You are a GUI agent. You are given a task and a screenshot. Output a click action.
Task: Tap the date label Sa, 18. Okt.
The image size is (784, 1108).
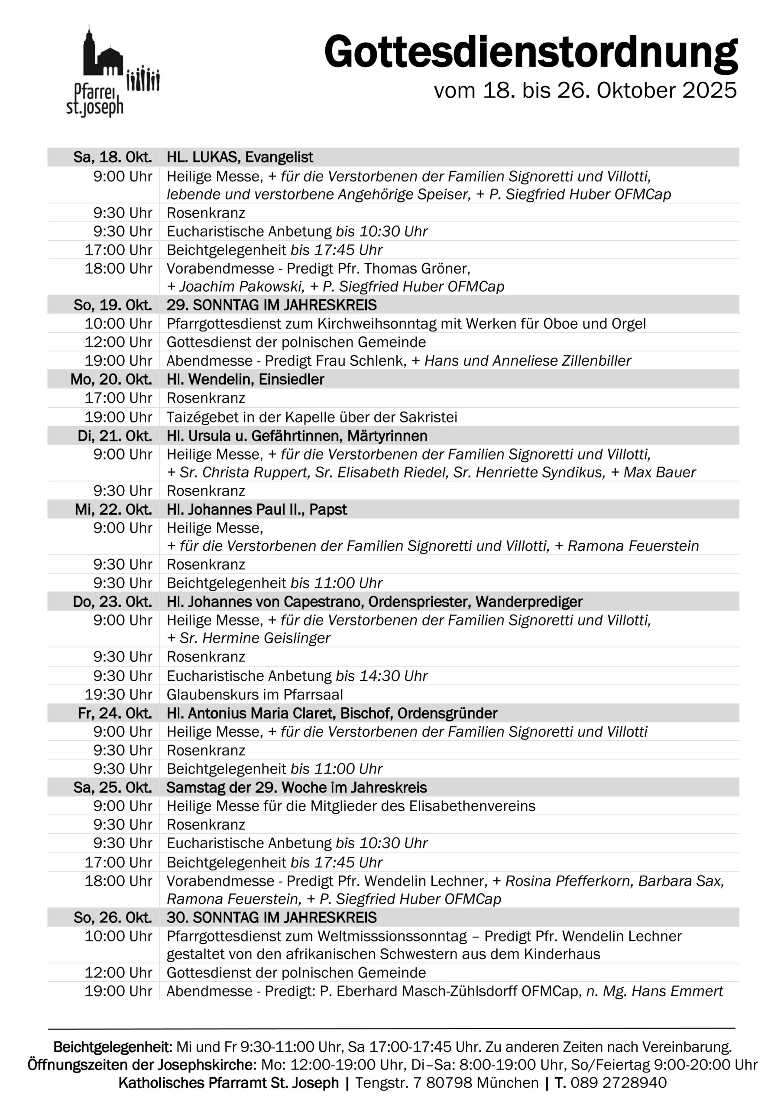click(113, 157)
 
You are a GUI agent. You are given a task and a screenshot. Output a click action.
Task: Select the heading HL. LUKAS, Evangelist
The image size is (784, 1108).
click(240, 157)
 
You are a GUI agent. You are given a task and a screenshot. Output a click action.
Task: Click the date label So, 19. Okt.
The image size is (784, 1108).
click(113, 306)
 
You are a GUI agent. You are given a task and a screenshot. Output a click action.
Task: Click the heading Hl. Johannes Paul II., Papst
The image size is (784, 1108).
click(256, 509)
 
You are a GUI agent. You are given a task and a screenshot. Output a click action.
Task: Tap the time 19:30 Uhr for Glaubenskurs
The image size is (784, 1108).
click(118, 694)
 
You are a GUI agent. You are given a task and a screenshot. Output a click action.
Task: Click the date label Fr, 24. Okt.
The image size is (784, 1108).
click(114, 713)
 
